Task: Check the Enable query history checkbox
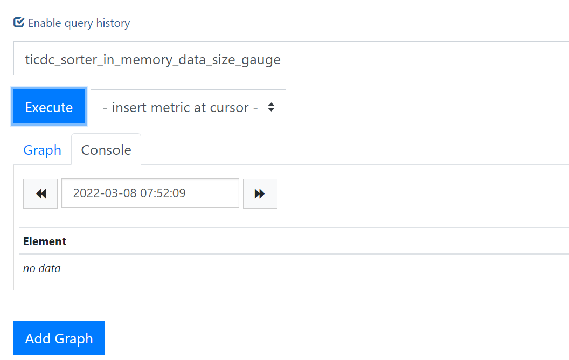click(19, 23)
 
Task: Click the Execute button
click(49, 107)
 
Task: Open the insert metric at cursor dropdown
click(188, 107)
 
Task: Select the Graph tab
click(42, 150)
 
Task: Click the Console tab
click(106, 150)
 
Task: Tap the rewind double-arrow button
click(40, 193)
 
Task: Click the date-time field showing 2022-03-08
click(150, 193)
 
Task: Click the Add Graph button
click(59, 338)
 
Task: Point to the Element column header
click(45, 241)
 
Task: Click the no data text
click(41, 268)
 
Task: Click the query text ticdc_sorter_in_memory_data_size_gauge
click(153, 59)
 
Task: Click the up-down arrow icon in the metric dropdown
click(272, 107)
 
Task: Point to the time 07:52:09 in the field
click(163, 193)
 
